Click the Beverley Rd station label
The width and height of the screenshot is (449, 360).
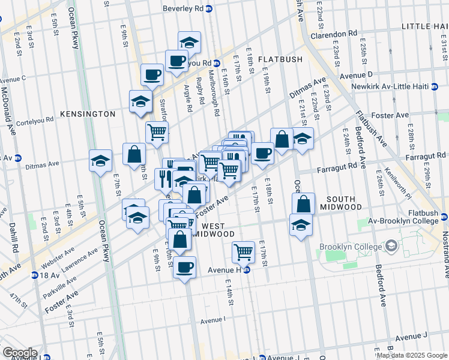184,9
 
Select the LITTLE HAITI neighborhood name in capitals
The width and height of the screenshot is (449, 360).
424,26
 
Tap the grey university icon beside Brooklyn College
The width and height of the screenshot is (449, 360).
391,247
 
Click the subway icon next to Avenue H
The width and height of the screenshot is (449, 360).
247,270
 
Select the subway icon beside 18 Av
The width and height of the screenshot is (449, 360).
35,275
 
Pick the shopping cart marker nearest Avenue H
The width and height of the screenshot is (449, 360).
243,251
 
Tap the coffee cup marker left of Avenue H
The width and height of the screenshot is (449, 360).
184,266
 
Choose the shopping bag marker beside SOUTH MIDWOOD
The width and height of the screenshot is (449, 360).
304,204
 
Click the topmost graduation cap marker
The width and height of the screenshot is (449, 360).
189,42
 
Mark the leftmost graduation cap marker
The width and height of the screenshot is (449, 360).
100,160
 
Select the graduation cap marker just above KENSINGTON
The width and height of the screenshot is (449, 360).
140,101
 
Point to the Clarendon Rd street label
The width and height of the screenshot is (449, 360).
334,34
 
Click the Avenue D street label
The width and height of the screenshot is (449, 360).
357,75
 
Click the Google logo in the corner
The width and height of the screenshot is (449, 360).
19,353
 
